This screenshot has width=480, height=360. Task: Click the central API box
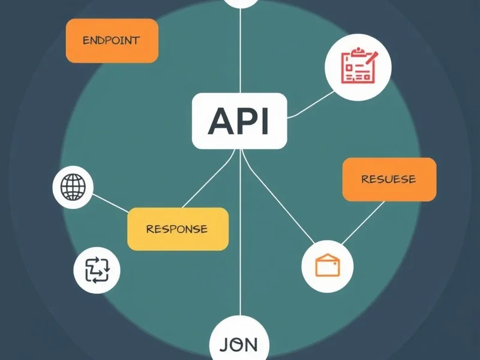click(239, 121)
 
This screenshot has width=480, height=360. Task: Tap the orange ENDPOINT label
click(112, 41)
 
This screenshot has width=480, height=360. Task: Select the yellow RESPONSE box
click(178, 229)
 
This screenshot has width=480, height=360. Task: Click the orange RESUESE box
click(389, 179)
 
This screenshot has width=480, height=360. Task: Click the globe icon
click(73, 187)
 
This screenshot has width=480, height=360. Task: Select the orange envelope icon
click(327, 264)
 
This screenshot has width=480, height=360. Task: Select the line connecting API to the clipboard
click(310, 104)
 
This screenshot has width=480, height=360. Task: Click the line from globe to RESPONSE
click(110, 203)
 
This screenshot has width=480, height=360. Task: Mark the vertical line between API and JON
click(240, 240)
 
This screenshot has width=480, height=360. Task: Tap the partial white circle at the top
click(240, 2)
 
